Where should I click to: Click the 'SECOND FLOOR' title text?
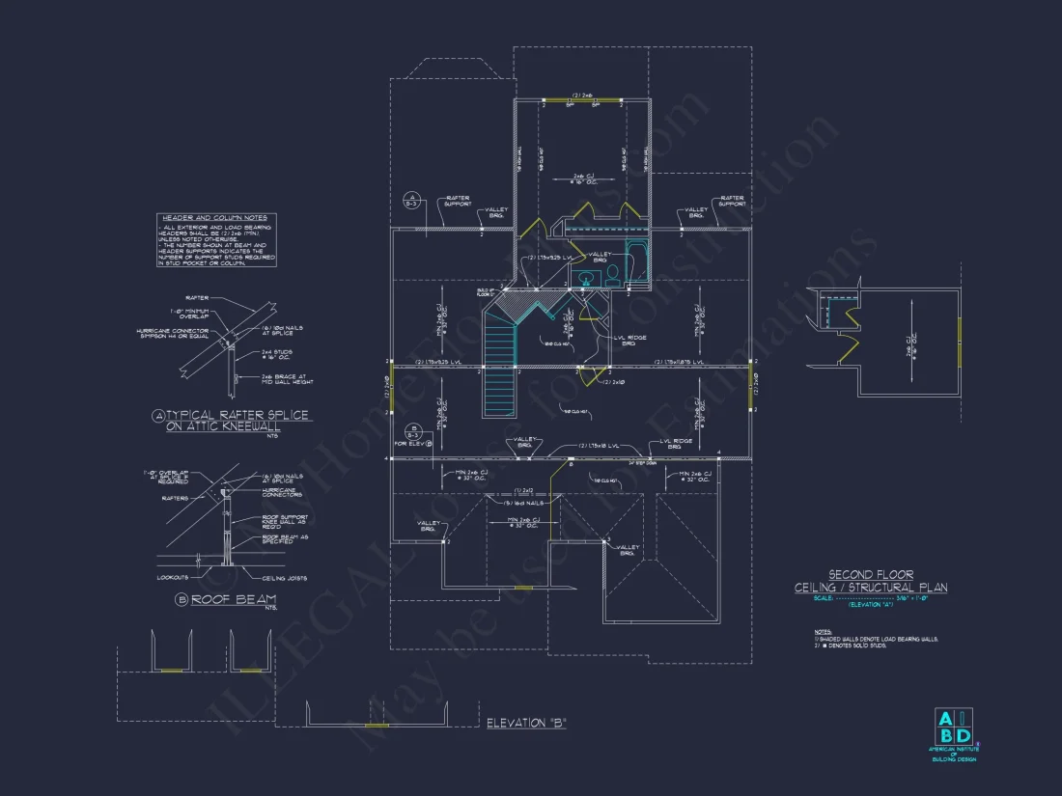[871, 574]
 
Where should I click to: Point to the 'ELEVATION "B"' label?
[526, 723]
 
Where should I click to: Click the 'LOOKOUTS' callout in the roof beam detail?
[174, 578]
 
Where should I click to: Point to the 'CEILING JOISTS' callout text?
[285, 578]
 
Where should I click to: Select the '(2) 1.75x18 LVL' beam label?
[604, 447]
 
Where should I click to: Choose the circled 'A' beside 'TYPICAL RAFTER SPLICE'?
[158, 416]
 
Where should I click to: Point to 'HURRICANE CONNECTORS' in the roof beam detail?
[282, 492]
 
